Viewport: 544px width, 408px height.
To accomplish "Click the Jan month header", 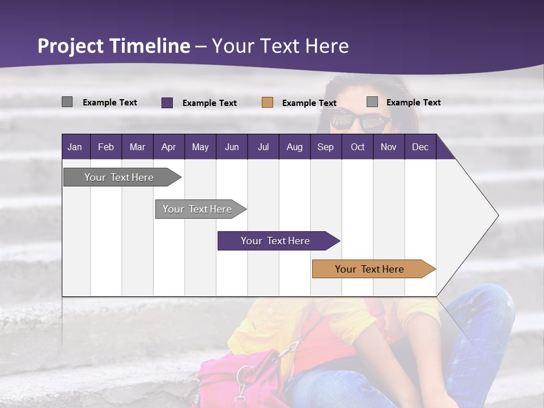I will [x=75, y=147].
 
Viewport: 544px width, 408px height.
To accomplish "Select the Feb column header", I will [x=106, y=147].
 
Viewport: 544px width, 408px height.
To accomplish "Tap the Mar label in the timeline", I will [x=137, y=147].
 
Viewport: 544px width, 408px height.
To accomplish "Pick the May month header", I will [x=200, y=147].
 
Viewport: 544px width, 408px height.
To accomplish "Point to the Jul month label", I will [x=263, y=147].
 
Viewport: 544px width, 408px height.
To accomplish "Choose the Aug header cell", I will [x=295, y=147].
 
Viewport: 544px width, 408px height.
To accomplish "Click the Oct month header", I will [x=358, y=147].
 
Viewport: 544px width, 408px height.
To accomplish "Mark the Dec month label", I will [x=420, y=147].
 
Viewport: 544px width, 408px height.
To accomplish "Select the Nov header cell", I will [x=389, y=147].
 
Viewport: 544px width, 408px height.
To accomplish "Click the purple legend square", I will [x=167, y=103].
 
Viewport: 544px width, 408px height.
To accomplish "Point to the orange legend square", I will [x=267, y=103].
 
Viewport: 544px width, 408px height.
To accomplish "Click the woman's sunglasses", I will [x=360, y=120].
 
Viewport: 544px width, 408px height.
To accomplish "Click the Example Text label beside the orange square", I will [x=309, y=103].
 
